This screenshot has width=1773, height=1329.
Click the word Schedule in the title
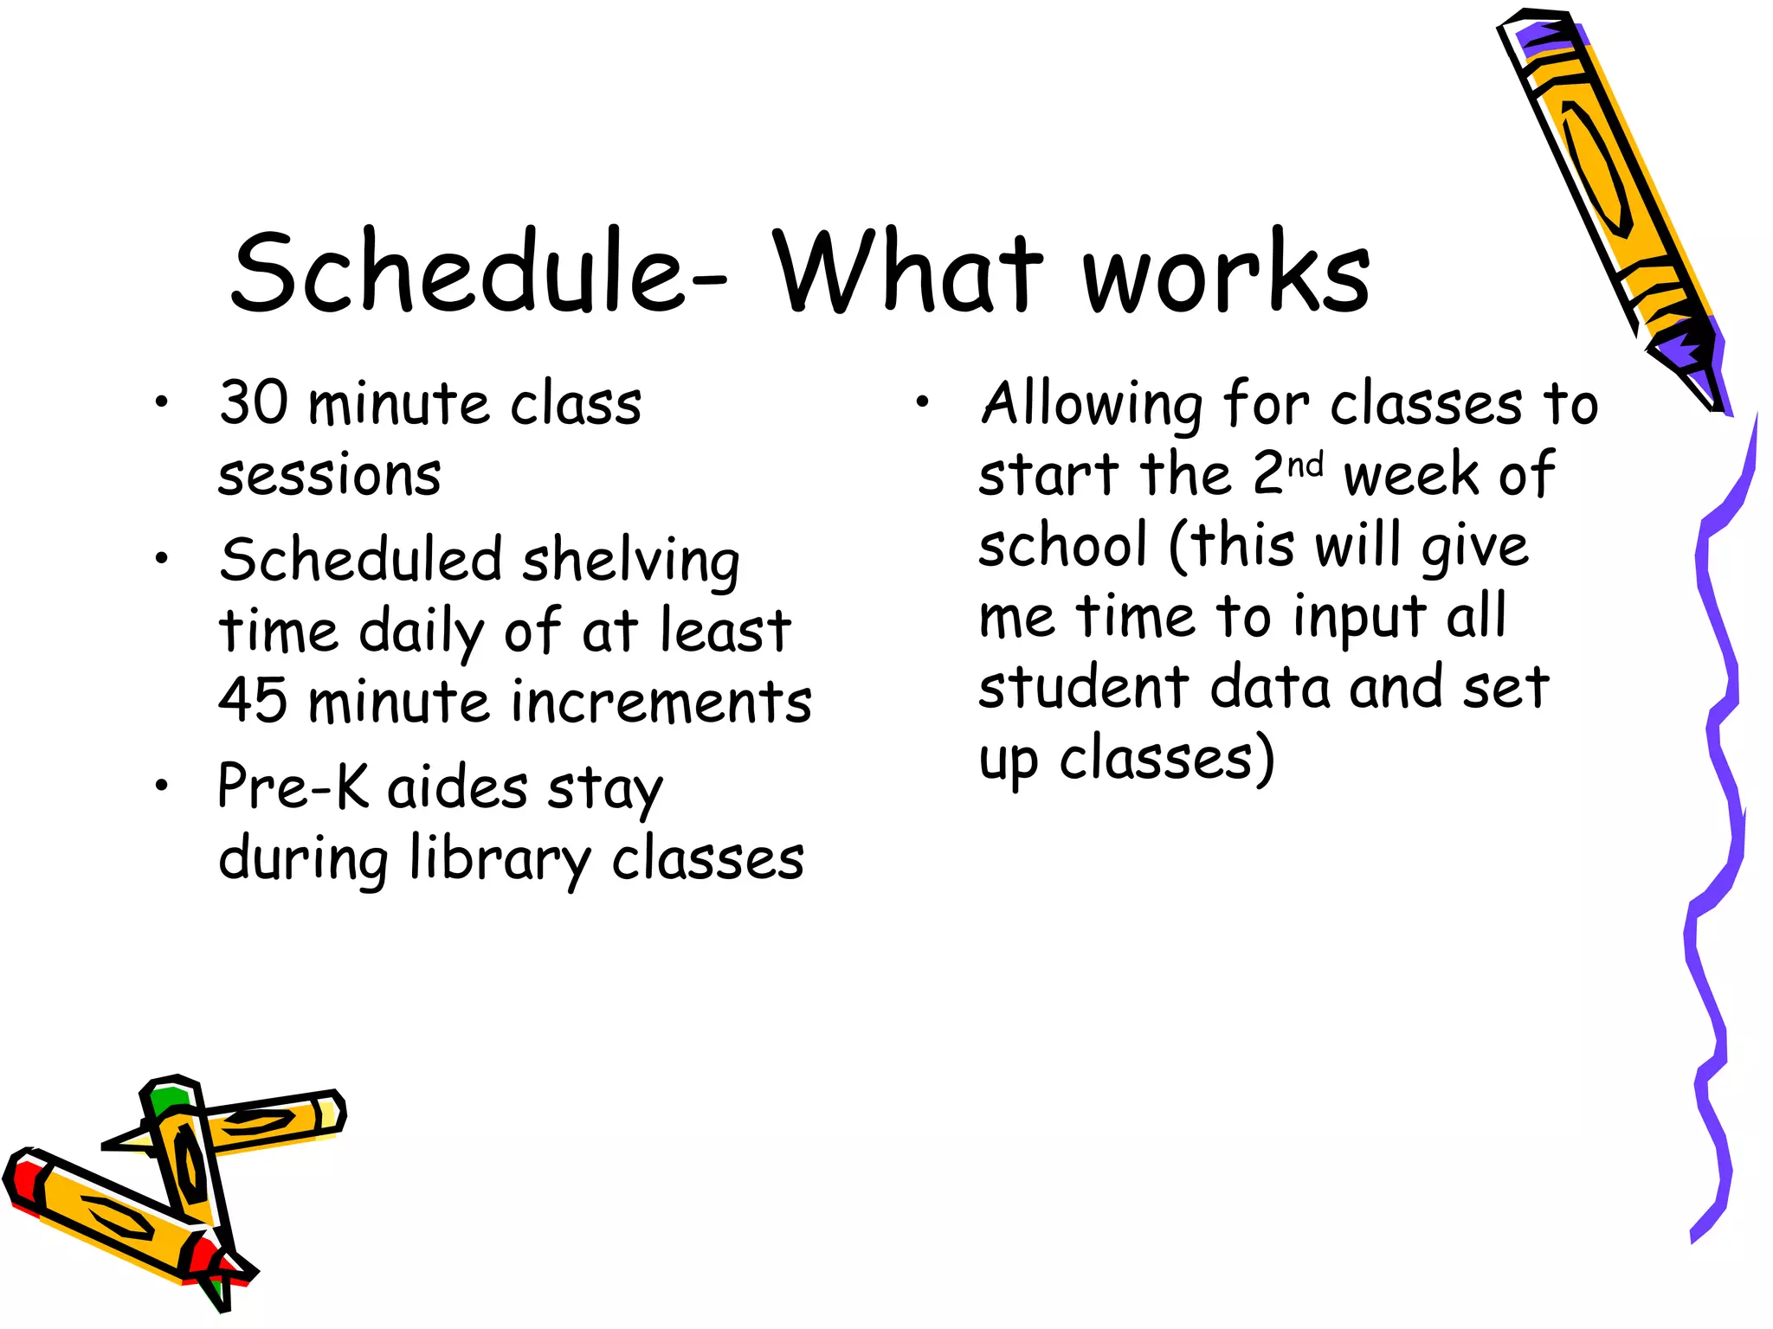[x=459, y=273]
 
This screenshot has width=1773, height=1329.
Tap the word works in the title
[x=1227, y=273]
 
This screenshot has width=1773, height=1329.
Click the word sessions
[x=330, y=476]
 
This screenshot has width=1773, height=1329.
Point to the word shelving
[x=631, y=561]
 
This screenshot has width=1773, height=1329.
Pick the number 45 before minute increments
[x=253, y=701]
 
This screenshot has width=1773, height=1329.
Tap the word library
[x=500, y=860]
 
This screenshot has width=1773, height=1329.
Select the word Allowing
[x=1092, y=405]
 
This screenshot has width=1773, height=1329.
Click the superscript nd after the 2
[x=1306, y=466]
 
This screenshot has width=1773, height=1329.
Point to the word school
[x=1063, y=545]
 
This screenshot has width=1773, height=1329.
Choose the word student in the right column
[x=1084, y=687]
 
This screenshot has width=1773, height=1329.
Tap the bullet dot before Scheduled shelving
[x=161, y=558]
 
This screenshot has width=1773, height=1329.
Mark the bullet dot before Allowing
[x=923, y=401]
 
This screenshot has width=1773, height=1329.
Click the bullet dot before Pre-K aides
[x=161, y=785]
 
